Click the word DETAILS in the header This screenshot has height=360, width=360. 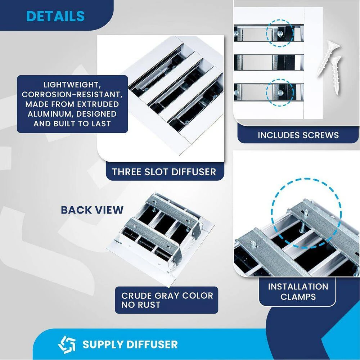(55, 16)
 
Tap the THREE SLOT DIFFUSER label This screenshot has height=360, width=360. (164, 172)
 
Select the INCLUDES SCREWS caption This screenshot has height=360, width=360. (298, 135)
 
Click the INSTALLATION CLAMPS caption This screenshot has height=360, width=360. (298, 292)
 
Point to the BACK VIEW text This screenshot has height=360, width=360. (92, 210)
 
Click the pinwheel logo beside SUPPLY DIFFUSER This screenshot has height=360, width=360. (67, 344)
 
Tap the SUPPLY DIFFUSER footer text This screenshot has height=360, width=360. (130, 344)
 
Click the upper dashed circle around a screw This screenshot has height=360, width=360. (280, 33)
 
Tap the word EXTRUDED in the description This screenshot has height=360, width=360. (96, 104)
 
